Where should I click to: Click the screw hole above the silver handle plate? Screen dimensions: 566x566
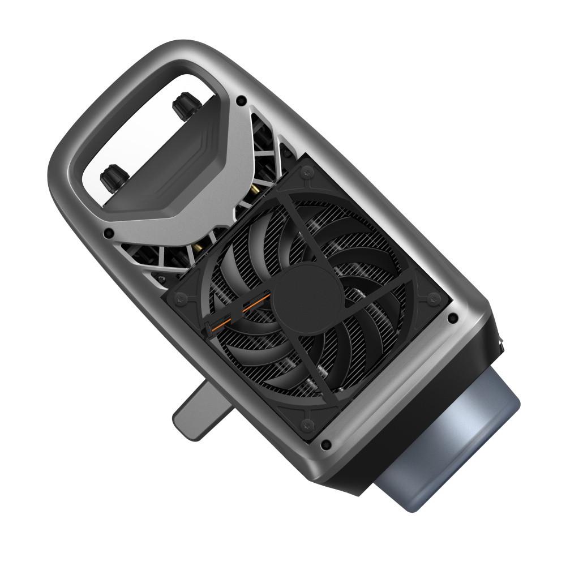(x=242, y=100)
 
